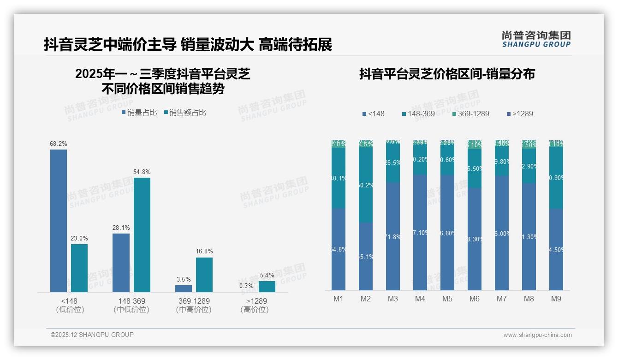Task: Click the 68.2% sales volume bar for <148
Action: [x=59, y=221]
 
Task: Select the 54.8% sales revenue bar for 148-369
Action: [x=142, y=234]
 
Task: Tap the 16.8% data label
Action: [x=204, y=252]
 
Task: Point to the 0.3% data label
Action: [x=246, y=286]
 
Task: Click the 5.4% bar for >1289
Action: [x=267, y=287]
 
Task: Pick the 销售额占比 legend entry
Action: [x=184, y=113]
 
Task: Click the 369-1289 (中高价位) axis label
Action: [x=194, y=305]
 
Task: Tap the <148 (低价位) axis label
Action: [x=70, y=305]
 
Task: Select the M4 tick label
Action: [x=420, y=299]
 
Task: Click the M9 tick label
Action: [x=556, y=299]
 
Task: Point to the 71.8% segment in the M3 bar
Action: [x=393, y=236]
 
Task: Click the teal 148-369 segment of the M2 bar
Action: [x=366, y=185]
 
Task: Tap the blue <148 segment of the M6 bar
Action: [x=475, y=239]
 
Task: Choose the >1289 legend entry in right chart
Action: [x=520, y=114]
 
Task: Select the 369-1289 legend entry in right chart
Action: [x=470, y=114]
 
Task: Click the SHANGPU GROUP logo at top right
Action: [x=536, y=39]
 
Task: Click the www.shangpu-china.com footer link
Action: [x=537, y=335]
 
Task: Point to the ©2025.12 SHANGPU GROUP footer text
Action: [x=92, y=335]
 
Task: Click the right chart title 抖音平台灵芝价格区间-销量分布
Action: [x=447, y=74]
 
